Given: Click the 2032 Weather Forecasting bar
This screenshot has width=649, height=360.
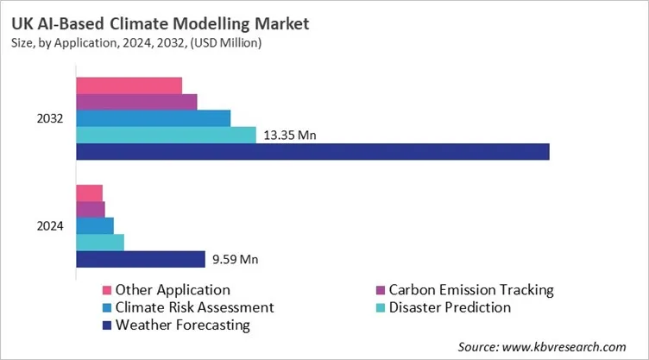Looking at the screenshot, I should pos(312,152).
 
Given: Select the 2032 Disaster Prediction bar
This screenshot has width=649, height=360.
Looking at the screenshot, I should pos(166,136).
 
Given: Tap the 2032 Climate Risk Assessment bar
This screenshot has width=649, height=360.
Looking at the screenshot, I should pos(153,118).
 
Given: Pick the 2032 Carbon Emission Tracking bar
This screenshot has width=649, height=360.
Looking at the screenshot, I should pos(136,102).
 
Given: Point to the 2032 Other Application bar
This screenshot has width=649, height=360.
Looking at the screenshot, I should pos(129,85).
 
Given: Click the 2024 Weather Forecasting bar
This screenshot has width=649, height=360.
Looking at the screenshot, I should pos(140,259).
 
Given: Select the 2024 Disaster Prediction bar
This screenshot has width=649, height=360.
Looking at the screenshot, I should pos(100,243).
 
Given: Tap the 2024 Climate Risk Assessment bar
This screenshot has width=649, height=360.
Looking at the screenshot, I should pos(95,226).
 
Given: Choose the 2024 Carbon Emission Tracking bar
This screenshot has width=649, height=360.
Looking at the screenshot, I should pos(91,210).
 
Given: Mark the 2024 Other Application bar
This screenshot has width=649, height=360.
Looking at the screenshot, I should pos(89,193).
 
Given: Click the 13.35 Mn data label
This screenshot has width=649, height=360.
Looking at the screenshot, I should pos(290,136).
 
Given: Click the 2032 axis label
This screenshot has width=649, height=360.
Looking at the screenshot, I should pos(49,118).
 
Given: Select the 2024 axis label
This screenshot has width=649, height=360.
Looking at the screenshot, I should pos(49,226).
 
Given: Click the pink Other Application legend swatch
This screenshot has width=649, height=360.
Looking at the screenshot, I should pos(107,290).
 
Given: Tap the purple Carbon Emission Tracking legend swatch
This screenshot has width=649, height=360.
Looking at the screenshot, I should pos(381,290).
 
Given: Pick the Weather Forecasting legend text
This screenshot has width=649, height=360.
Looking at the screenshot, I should pos(182,325).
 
